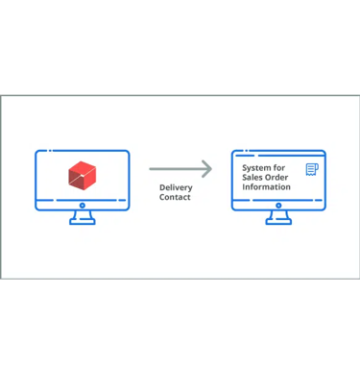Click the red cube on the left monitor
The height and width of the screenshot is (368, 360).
(82, 176)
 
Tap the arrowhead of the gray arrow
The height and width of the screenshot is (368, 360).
(208, 170)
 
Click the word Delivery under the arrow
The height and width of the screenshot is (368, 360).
(175, 188)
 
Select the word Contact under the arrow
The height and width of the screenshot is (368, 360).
(175, 198)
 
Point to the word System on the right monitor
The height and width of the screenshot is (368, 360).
(257, 169)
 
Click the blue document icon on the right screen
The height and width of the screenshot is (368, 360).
(311, 170)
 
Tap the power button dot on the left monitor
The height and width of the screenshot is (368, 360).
(82, 206)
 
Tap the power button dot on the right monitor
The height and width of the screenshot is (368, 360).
(278, 206)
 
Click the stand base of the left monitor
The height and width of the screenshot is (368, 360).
(82, 223)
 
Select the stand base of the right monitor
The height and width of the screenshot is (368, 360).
(278, 223)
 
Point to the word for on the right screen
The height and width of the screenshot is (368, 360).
(280, 169)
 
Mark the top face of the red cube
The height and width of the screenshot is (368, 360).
(82, 167)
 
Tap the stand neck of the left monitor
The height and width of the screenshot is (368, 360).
(82, 216)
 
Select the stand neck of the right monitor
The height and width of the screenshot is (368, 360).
(278, 216)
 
